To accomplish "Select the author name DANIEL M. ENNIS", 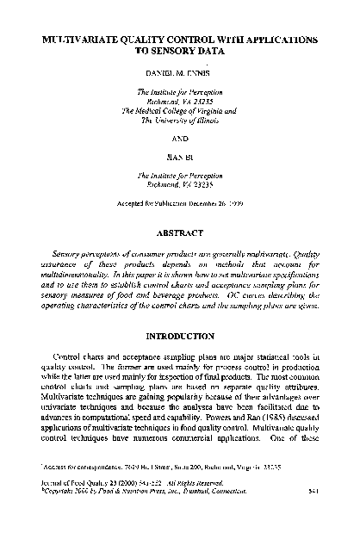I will click(x=179, y=72).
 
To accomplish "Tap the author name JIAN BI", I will click(x=179, y=156).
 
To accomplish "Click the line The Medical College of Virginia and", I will click(x=179, y=111).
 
